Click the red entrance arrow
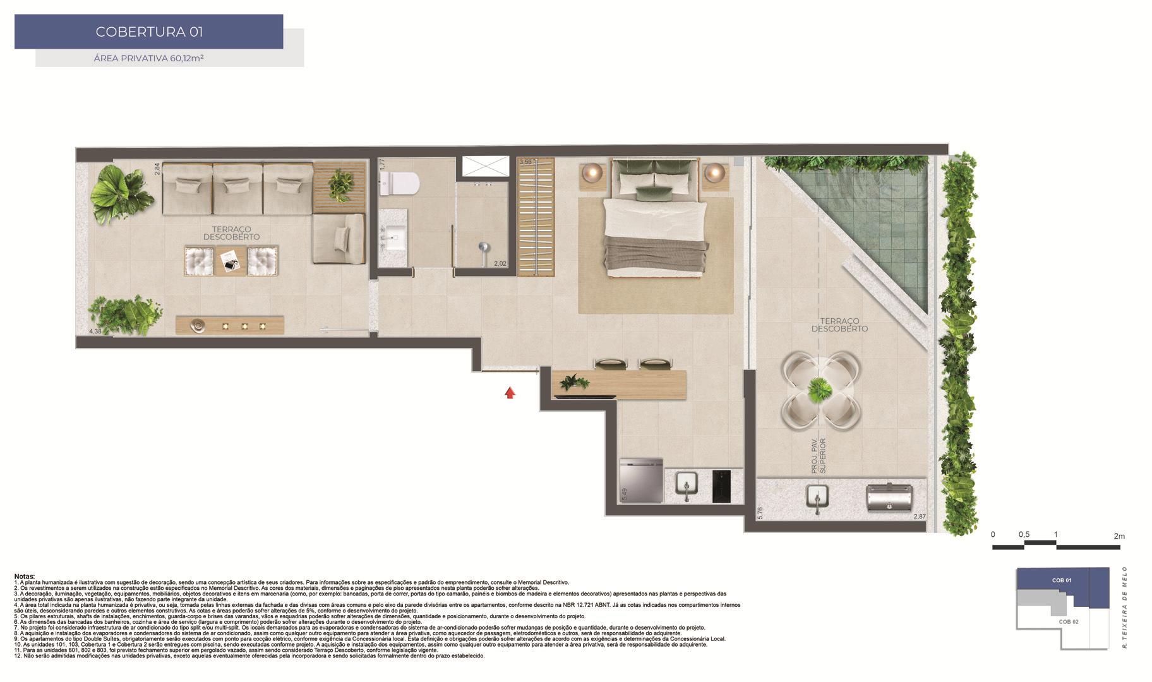510,393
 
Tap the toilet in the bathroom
402,183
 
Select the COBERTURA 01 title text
149,32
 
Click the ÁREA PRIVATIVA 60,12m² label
148,58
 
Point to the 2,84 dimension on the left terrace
157,169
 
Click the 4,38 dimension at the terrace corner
95,331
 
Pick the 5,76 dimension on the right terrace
760,513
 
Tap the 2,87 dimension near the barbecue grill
920,517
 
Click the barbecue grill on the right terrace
889,496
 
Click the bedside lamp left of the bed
593,172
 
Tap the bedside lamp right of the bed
714,172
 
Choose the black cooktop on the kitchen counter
721,486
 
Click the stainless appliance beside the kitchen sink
642,481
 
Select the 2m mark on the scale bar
1119,536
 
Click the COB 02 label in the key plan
1069,621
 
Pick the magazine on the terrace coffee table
229,260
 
